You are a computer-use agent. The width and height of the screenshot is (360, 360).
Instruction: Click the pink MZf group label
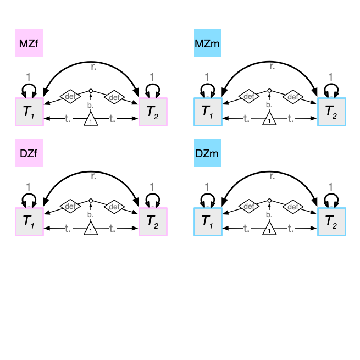(x=29, y=43)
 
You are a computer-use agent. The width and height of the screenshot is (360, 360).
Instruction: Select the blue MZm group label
(x=207, y=43)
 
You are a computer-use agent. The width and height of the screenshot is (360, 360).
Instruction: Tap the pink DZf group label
(x=29, y=153)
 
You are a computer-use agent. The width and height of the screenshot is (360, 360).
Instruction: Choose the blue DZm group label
(x=207, y=153)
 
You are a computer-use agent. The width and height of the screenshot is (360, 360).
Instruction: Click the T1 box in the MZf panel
(x=29, y=112)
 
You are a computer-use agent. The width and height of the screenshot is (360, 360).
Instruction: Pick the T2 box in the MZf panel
(x=153, y=112)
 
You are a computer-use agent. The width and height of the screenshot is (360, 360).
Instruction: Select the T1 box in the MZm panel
(x=207, y=112)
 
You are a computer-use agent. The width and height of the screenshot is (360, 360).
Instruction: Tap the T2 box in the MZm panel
(x=331, y=112)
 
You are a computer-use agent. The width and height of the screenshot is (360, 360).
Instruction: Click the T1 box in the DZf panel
(x=29, y=221)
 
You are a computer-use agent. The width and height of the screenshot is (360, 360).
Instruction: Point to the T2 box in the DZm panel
(x=331, y=221)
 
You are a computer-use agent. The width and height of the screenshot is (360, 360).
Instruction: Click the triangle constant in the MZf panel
(x=91, y=119)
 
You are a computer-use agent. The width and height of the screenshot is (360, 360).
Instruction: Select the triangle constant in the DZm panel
(x=269, y=229)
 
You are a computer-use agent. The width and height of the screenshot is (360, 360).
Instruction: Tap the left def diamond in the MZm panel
(x=248, y=96)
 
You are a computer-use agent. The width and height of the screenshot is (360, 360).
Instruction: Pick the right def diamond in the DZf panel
(x=114, y=207)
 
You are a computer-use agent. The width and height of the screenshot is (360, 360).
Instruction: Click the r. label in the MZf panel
(x=93, y=67)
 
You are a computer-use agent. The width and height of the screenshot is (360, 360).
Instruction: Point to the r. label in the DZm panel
(x=272, y=176)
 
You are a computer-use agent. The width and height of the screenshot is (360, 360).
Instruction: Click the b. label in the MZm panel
(x=269, y=104)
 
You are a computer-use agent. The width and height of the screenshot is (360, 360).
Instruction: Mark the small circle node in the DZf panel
(x=91, y=200)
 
